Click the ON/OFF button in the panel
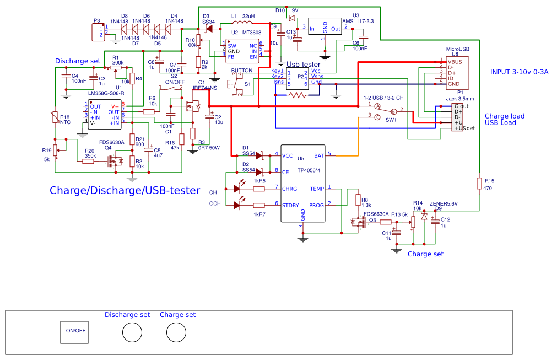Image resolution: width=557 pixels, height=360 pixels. tap(75, 331)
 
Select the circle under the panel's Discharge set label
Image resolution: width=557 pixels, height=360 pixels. tap(132, 333)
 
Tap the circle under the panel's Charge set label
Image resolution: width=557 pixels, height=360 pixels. tap(176, 333)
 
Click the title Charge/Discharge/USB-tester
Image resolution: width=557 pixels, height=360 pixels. tap(125, 191)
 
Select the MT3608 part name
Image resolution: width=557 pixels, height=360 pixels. tap(251, 33)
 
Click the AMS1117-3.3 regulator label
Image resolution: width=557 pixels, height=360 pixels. tap(358, 22)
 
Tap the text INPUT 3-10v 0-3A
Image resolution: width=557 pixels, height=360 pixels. tap(520, 72)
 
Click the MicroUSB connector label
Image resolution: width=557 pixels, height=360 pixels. tap(457, 49)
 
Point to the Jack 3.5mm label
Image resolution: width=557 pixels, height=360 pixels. tap(459, 98)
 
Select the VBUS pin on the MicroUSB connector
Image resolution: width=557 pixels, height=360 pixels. tap(455, 62)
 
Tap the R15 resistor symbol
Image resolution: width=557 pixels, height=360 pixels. tap(479, 183)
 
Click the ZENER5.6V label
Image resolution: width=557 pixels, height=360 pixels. tap(444, 203)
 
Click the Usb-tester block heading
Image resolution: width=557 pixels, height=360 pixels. tap(303, 65)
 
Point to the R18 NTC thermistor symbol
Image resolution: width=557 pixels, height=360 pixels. tap(55, 117)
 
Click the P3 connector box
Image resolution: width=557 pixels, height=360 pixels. tap(96, 32)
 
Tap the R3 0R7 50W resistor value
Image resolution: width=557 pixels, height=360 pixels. tap(209, 148)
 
